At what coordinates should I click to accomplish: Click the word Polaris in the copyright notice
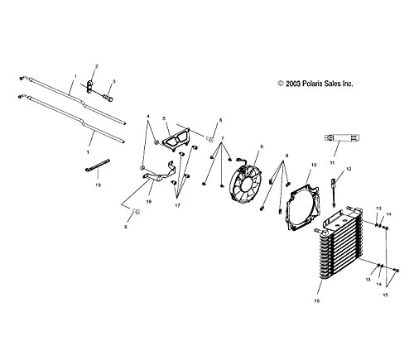[311, 84]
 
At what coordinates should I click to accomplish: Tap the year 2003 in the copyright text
[293, 84]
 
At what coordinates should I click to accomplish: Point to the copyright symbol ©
[281, 84]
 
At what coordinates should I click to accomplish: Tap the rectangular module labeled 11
[342, 137]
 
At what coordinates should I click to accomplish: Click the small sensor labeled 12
[334, 191]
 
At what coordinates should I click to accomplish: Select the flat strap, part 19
[97, 165]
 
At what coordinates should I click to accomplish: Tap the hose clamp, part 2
[90, 86]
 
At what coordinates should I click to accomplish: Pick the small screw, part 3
[108, 98]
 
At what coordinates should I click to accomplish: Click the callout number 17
[177, 205]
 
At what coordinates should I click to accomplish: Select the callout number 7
[222, 138]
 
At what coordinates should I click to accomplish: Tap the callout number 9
[286, 156]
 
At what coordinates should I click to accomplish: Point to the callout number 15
[385, 295]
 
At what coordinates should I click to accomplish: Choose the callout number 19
[98, 185]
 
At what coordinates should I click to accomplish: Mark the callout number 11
[332, 163]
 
